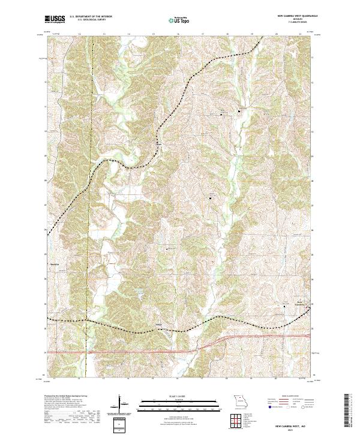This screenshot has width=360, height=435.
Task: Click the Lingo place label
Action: (159, 326)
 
